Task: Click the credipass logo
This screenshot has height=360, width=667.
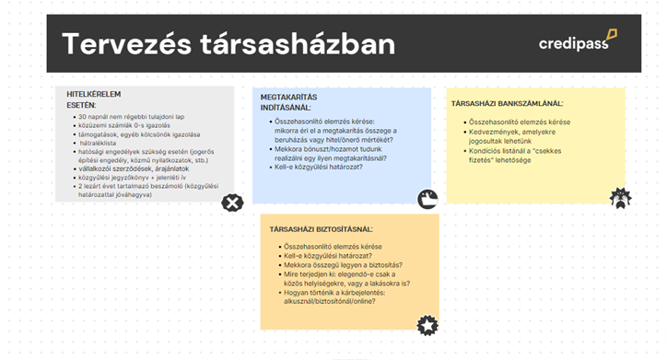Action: [x=578, y=41]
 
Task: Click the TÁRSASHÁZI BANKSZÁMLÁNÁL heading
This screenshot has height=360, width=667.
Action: [x=507, y=103]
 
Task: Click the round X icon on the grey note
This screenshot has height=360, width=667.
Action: [x=233, y=203]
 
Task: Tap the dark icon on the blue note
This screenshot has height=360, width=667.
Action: [x=427, y=199]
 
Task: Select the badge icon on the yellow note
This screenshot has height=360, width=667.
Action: [x=621, y=197]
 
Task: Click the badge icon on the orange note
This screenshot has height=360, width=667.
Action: [x=427, y=324]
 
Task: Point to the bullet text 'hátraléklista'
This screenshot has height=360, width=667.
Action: [x=104, y=144]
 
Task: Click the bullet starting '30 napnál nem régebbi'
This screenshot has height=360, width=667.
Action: [x=134, y=118]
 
